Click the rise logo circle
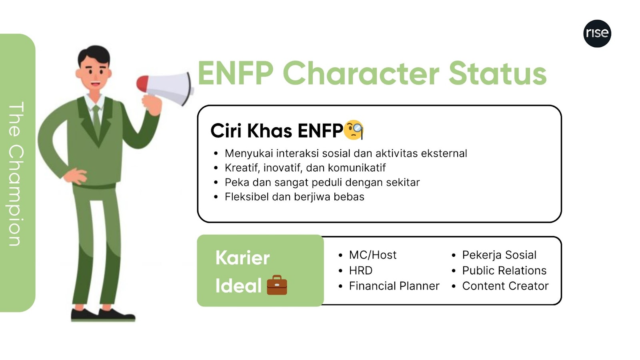[597, 34]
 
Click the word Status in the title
[498, 74]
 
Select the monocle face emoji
[354, 130]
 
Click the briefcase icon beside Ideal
[277, 285]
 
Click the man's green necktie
[96, 120]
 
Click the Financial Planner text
[394, 286]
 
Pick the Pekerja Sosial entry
[499, 255]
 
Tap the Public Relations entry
[504, 270]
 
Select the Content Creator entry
[506, 286]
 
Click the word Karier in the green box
[242, 258]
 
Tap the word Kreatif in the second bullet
[242, 168]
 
